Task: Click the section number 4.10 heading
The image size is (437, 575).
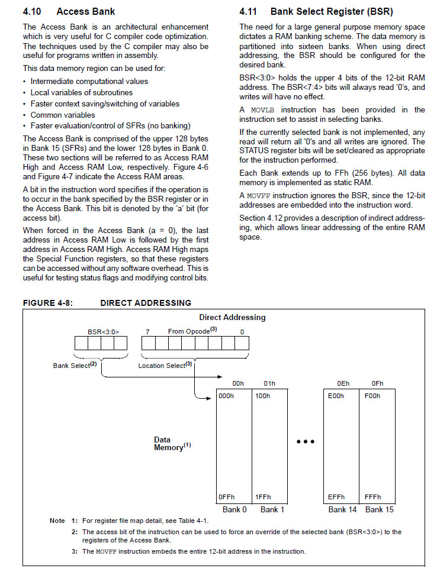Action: tap(33, 11)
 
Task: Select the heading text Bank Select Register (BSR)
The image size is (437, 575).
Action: tap(331, 11)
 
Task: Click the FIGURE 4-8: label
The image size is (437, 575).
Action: tap(47, 303)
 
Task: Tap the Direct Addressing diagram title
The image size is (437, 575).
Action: tap(232, 317)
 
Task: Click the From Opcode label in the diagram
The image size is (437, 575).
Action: tap(190, 331)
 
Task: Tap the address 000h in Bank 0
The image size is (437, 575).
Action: tap(226, 396)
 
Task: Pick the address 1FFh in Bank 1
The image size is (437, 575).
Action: tap(262, 497)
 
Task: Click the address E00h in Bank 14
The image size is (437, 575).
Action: tap(336, 396)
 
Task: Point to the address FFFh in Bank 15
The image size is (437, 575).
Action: tap(373, 497)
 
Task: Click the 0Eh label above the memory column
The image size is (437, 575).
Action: tap(343, 383)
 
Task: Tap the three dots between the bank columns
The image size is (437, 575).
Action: tap(306, 441)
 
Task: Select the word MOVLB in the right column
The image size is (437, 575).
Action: tap(262, 109)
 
